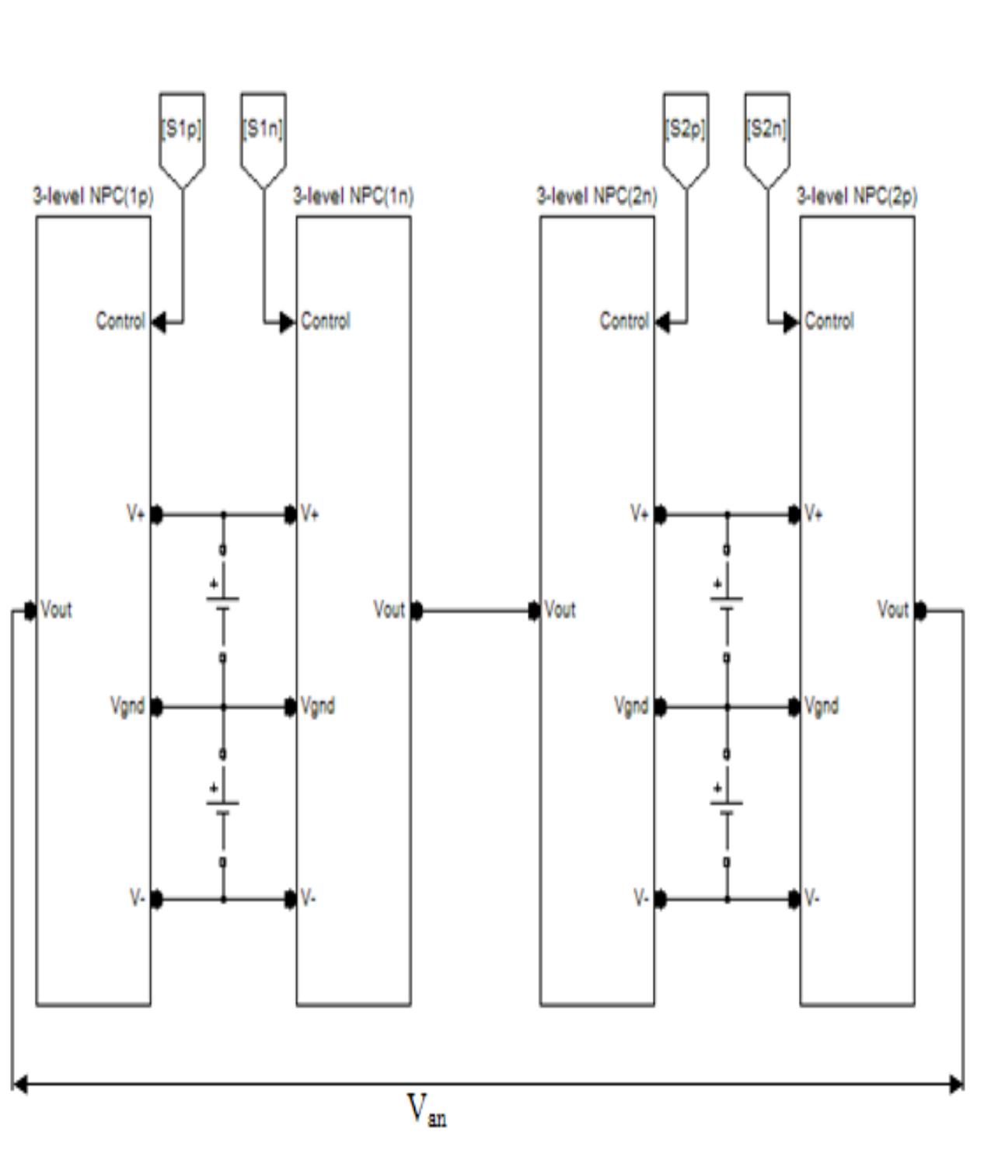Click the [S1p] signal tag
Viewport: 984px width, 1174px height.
(182, 129)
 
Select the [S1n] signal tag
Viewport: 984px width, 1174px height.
(263, 129)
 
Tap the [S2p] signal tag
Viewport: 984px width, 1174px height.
(686, 129)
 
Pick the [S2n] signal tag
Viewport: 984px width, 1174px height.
(767, 129)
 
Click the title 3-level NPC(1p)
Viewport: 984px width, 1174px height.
(92, 196)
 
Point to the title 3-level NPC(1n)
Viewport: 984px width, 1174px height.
(353, 196)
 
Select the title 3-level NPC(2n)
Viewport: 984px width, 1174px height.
(597, 196)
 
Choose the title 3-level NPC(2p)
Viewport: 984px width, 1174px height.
(857, 196)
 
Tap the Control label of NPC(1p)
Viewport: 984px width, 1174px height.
(120, 321)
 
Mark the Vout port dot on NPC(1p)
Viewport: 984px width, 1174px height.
(30, 611)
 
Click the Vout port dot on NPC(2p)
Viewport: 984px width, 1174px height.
(920, 611)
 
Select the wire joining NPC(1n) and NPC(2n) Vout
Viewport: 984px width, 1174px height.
(475, 611)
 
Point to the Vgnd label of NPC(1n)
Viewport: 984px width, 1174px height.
(318, 706)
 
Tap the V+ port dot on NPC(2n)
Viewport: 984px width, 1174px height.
(661, 514)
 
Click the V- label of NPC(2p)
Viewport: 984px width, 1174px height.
(812, 899)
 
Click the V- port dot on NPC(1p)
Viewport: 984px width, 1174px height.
(157, 900)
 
